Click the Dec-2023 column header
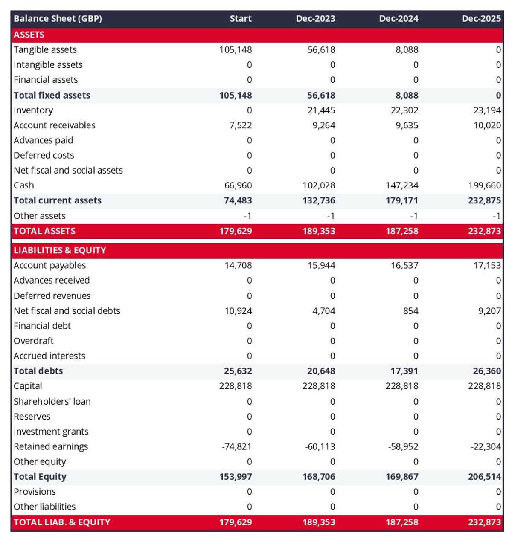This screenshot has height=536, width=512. pos(315,19)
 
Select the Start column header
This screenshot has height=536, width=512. pos(241,19)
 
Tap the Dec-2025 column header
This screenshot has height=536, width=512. pos(481,19)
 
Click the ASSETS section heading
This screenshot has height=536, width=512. pos(29,35)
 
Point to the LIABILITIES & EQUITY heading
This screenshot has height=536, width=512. pos(60,250)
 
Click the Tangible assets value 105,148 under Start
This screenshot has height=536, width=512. pos(236,50)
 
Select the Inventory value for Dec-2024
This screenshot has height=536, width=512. pos(404,110)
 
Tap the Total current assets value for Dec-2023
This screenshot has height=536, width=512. pos(319,200)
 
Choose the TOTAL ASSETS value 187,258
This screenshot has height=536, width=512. pos(402,231)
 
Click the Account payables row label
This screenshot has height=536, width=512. pos(49,265)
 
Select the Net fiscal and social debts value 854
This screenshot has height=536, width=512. pos(410,311)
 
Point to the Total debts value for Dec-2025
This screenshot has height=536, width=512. pos(487,371)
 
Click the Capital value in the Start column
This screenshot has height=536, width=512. pos(236,386)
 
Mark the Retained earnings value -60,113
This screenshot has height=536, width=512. pos(320,446)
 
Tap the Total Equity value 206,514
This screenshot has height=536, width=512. pos(484,477)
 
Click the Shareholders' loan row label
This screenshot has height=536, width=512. pos(52,401)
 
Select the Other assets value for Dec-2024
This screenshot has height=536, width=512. pos(414,216)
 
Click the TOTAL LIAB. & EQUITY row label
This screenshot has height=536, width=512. pos(62,522)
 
